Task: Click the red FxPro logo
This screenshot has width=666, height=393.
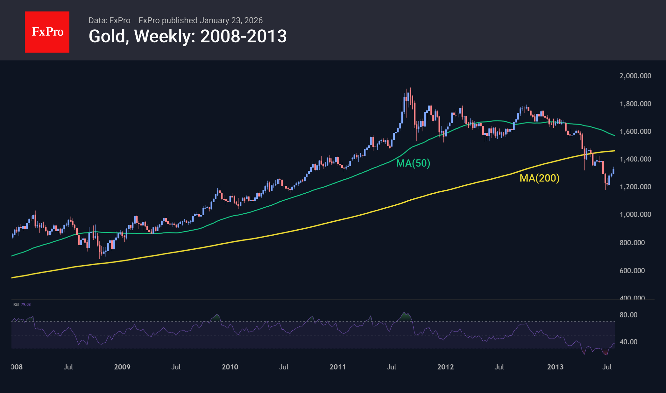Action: click(x=47, y=32)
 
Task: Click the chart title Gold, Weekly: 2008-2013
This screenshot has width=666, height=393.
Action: click(x=188, y=36)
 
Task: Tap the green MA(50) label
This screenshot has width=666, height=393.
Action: click(x=413, y=163)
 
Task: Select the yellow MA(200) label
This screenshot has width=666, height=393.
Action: click(x=539, y=178)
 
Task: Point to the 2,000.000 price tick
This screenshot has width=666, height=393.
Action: click(x=635, y=76)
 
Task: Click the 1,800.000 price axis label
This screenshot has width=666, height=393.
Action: click(x=635, y=104)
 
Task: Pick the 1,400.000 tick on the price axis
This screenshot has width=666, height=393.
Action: click(x=635, y=159)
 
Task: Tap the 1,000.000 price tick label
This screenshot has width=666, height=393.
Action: click(x=635, y=214)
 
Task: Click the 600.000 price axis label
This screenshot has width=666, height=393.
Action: click(x=632, y=271)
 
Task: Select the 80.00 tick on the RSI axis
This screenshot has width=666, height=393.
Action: click(x=628, y=315)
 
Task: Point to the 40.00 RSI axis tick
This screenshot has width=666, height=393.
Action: click(x=628, y=342)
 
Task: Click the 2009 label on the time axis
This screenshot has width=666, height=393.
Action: click(x=122, y=367)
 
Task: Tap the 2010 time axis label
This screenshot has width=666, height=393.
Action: click(x=230, y=367)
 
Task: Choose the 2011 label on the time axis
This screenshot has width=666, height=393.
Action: click(x=337, y=367)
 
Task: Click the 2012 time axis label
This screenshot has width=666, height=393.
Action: click(x=445, y=367)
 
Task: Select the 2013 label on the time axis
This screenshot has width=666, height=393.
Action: click(x=555, y=367)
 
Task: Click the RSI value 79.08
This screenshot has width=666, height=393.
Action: click(x=26, y=304)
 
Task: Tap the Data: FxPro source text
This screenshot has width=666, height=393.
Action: click(x=109, y=20)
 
